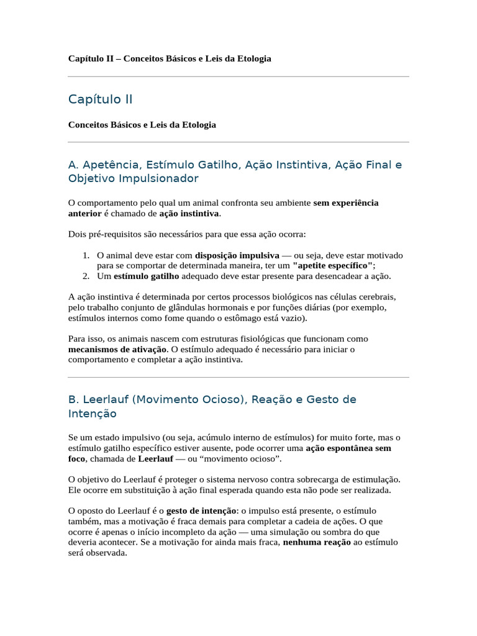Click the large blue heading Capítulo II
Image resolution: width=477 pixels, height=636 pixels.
(100, 99)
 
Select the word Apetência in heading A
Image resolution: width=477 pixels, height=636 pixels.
(109, 165)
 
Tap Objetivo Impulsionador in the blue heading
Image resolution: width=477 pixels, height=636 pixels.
(133, 178)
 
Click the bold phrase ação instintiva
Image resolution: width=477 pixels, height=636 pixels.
(189, 213)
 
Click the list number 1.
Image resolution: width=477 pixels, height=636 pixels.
(86, 255)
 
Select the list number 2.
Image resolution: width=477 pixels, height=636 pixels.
(86, 276)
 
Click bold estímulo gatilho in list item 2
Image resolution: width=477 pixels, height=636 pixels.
(147, 276)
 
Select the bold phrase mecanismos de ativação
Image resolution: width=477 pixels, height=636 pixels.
(117, 349)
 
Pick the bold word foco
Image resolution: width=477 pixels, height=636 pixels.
(77, 458)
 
